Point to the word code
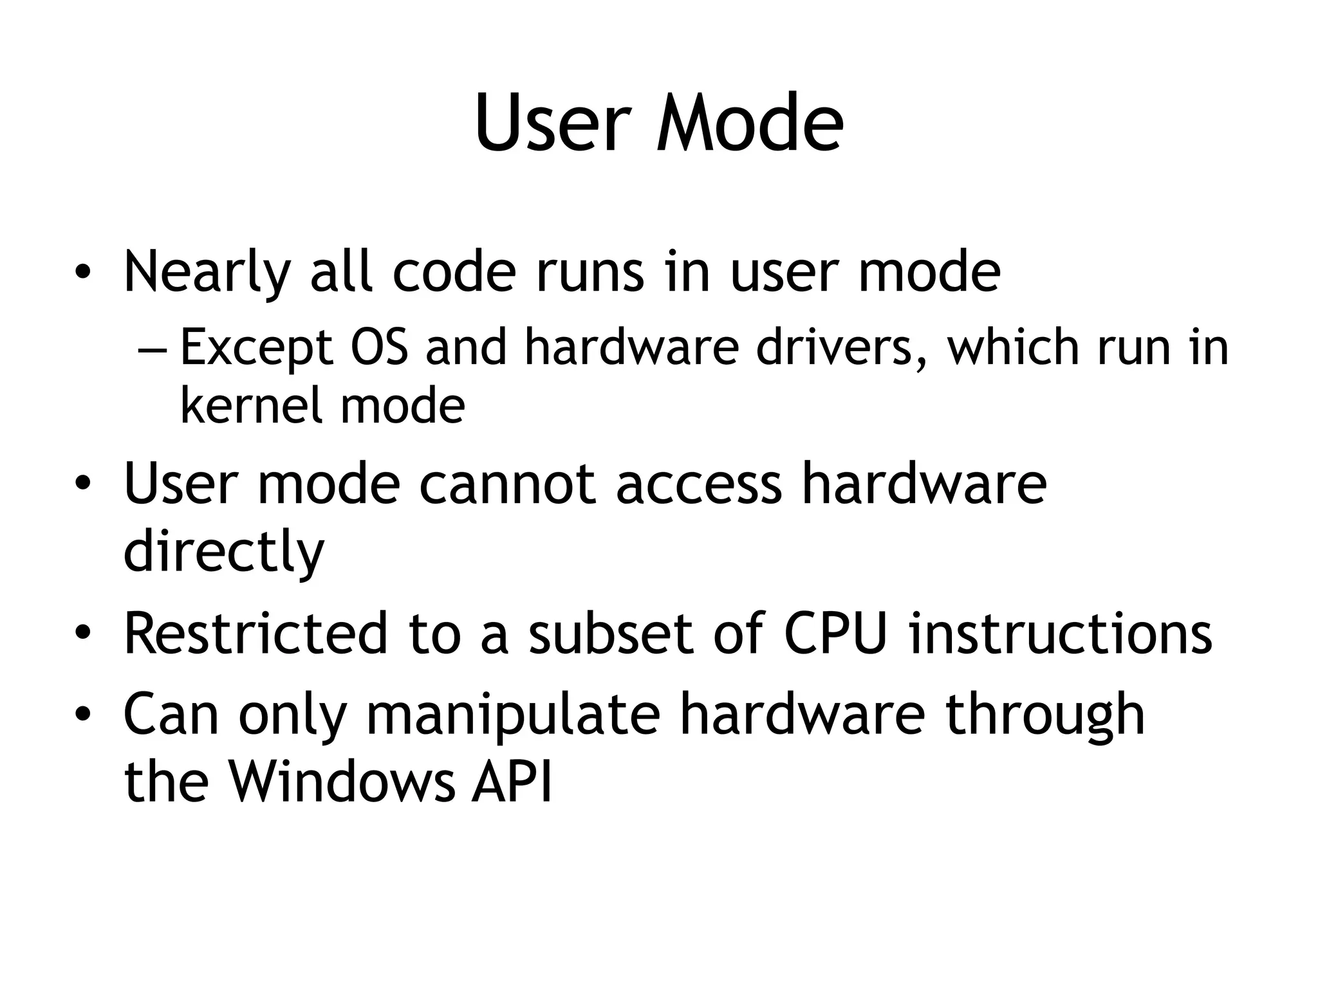pyautogui.click(x=454, y=271)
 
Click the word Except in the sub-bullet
pyautogui.click(x=256, y=347)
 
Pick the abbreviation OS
pyautogui.click(x=380, y=347)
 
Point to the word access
pyautogui.click(x=699, y=484)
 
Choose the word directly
pyautogui.click(x=224, y=552)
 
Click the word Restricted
pyautogui.click(x=256, y=634)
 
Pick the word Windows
pyautogui.click(x=341, y=782)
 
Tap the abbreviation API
pyautogui.click(x=512, y=782)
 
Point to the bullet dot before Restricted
pyautogui.click(x=82, y=635)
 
